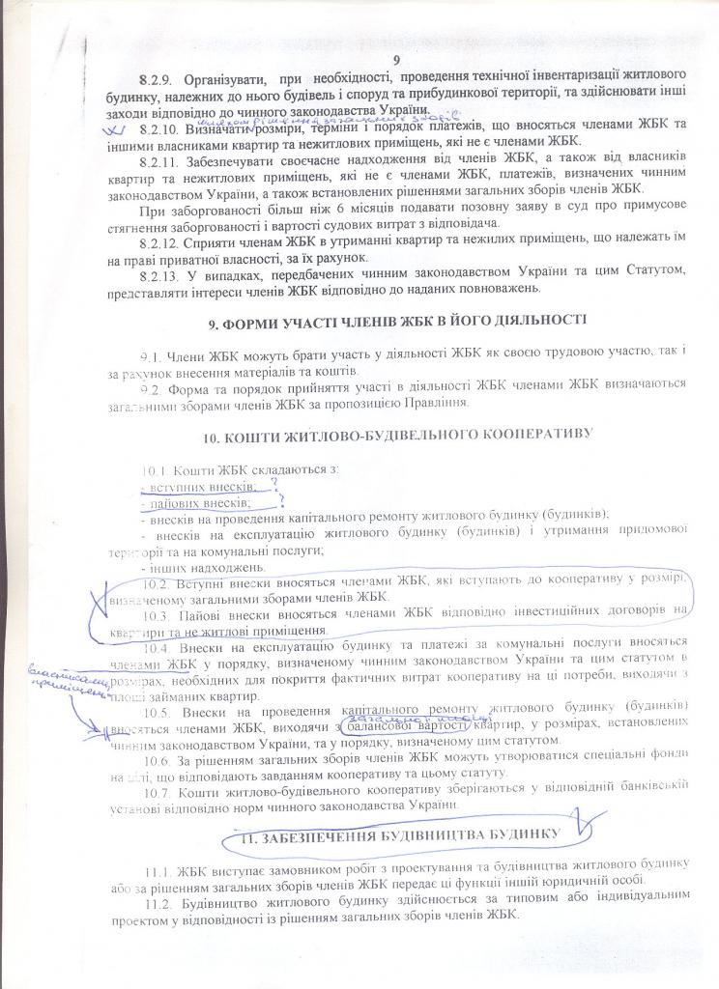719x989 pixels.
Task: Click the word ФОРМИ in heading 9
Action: [x=266, y=318]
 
